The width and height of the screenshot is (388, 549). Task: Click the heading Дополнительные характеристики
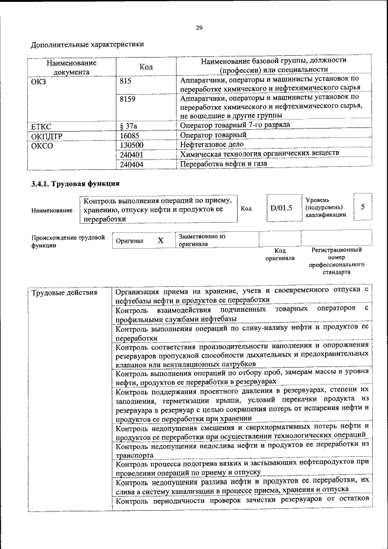pyautogui.click(x=87, y=44)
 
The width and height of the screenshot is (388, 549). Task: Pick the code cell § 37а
pyautogui.click(x=128, y=126)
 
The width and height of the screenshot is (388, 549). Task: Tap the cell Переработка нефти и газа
pyautogui.click(x=223, y=163)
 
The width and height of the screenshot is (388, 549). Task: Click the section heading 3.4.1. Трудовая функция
pyautogui.click(x=75, y=183)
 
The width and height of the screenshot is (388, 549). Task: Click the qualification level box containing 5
pyautogui.click(x=363, y=207)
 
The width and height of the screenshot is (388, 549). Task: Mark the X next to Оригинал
pyautogui.click(x=161, y=240)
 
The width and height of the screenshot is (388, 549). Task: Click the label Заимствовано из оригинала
pyautogui.click(x=202, y=240)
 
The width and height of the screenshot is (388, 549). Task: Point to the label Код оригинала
pyautogui.click(x=279, y=254)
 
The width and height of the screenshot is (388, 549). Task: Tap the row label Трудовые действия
pyautogui.click(x=64, y=293)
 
